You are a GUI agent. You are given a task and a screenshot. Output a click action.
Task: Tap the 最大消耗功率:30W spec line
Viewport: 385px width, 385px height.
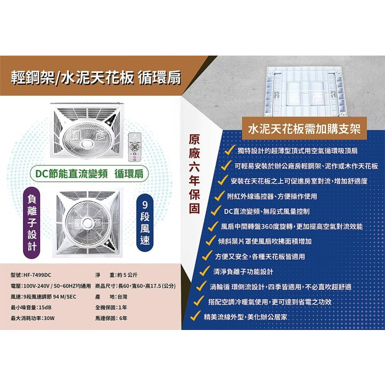pos(33,318)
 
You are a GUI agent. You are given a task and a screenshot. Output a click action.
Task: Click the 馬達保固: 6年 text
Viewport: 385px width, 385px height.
pos(111,318)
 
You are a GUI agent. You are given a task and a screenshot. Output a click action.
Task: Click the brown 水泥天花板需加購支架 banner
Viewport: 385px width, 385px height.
pos(304,130)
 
